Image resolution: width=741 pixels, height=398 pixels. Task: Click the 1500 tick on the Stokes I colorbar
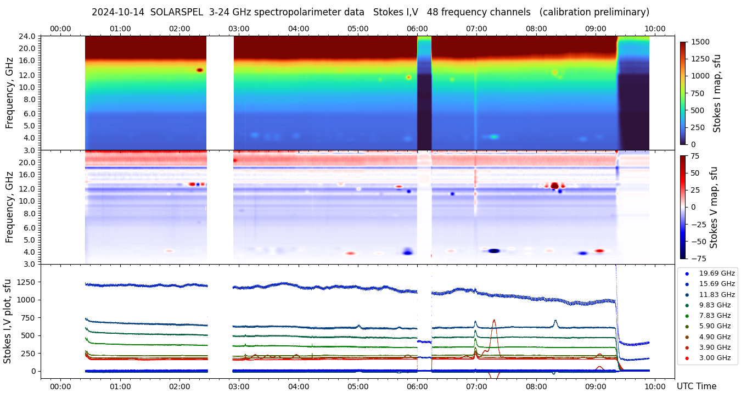click(701, 42)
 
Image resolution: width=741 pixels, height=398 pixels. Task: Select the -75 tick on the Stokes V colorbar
click(698, 258)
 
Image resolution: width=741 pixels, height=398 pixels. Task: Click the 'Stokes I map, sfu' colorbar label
click(717, 93)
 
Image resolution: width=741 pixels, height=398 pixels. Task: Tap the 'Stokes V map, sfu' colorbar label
click(715, 207)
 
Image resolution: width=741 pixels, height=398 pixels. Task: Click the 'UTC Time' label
click(696, 386)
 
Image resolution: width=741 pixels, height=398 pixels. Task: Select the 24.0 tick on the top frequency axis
click(28, 36)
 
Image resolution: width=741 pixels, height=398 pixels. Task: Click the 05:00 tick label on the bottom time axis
click(358, 386)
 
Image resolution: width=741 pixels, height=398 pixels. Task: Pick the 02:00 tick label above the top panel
click(179, 29)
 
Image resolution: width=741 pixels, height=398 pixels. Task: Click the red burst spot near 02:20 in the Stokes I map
click(200, 70)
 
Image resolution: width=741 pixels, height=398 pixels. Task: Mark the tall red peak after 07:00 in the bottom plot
click(494, 321)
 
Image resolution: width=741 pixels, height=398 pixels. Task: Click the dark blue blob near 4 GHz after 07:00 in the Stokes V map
click(494, 251)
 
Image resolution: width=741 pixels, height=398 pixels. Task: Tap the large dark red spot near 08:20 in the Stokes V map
click(554, 186)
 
